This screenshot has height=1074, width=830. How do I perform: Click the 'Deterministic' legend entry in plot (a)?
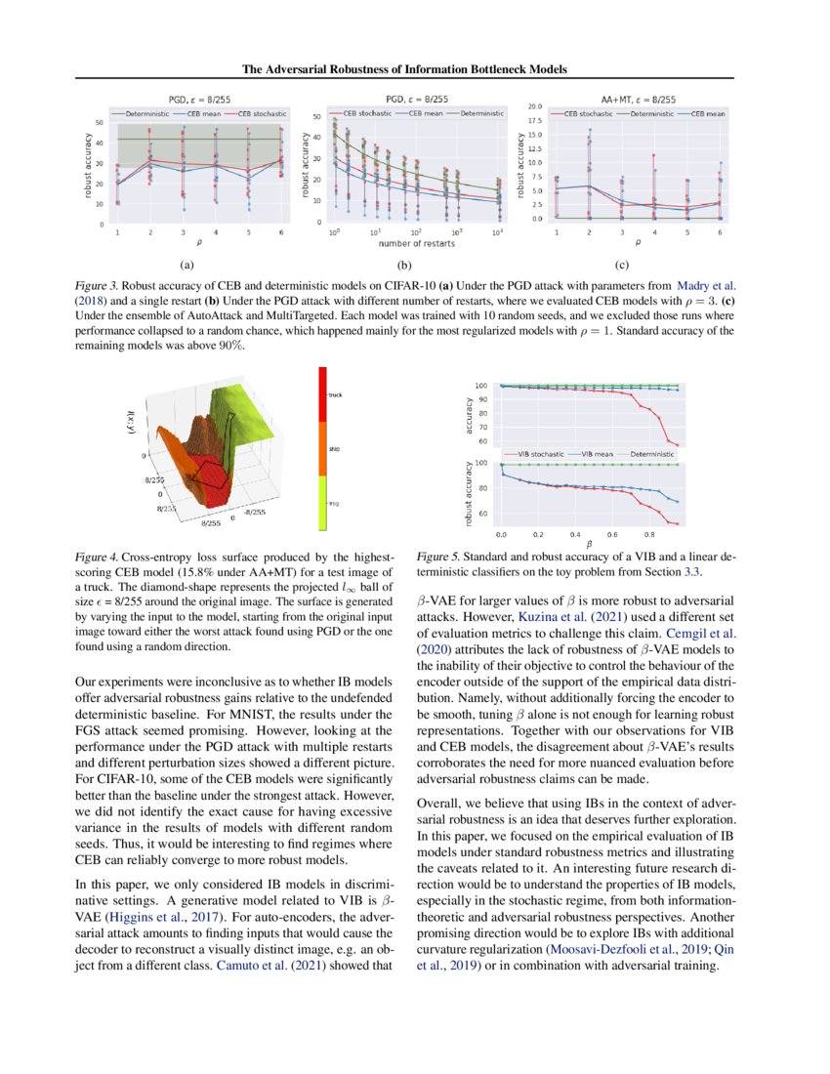point(147,114)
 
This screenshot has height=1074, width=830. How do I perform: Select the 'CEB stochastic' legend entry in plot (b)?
point(356,114)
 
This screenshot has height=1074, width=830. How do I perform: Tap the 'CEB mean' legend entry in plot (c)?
point(703,114)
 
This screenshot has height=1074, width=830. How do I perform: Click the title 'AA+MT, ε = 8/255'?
point(637,99)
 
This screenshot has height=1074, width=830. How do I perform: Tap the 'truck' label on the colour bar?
point(337,394)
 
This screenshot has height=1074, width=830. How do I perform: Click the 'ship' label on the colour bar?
point(335,448)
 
